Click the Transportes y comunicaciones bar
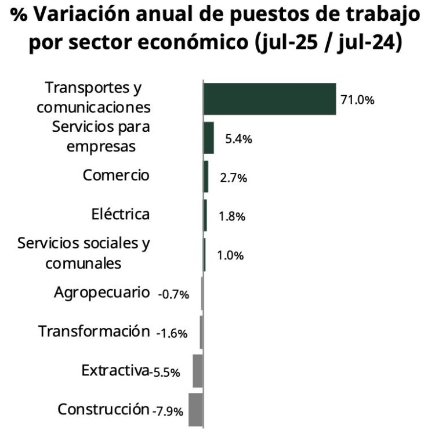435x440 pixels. [x=269, y=99]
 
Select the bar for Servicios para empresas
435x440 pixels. [x=208, y=138]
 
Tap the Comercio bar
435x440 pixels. [x=206, y=176]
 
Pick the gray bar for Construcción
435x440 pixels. [x=195, y=410]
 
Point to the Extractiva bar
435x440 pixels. [x=197, y=371]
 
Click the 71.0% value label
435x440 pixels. [x=357, y=100]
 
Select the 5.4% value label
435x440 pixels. [x=238, y=139]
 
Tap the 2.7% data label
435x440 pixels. [x=234, y=178]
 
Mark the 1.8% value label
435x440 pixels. [x=232, y=217]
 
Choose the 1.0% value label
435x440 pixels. [x=230, y=255]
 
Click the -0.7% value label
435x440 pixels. [x=173, y=295]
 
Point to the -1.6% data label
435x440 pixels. [x=172, y=333]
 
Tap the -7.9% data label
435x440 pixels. [x=168, y=411]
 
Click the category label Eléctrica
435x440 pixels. [x=121, y=214]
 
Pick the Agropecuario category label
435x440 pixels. [x=101, y=292]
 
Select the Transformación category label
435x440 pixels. [x=94, y=331]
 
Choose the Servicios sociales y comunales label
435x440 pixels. [x=84, y=253]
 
